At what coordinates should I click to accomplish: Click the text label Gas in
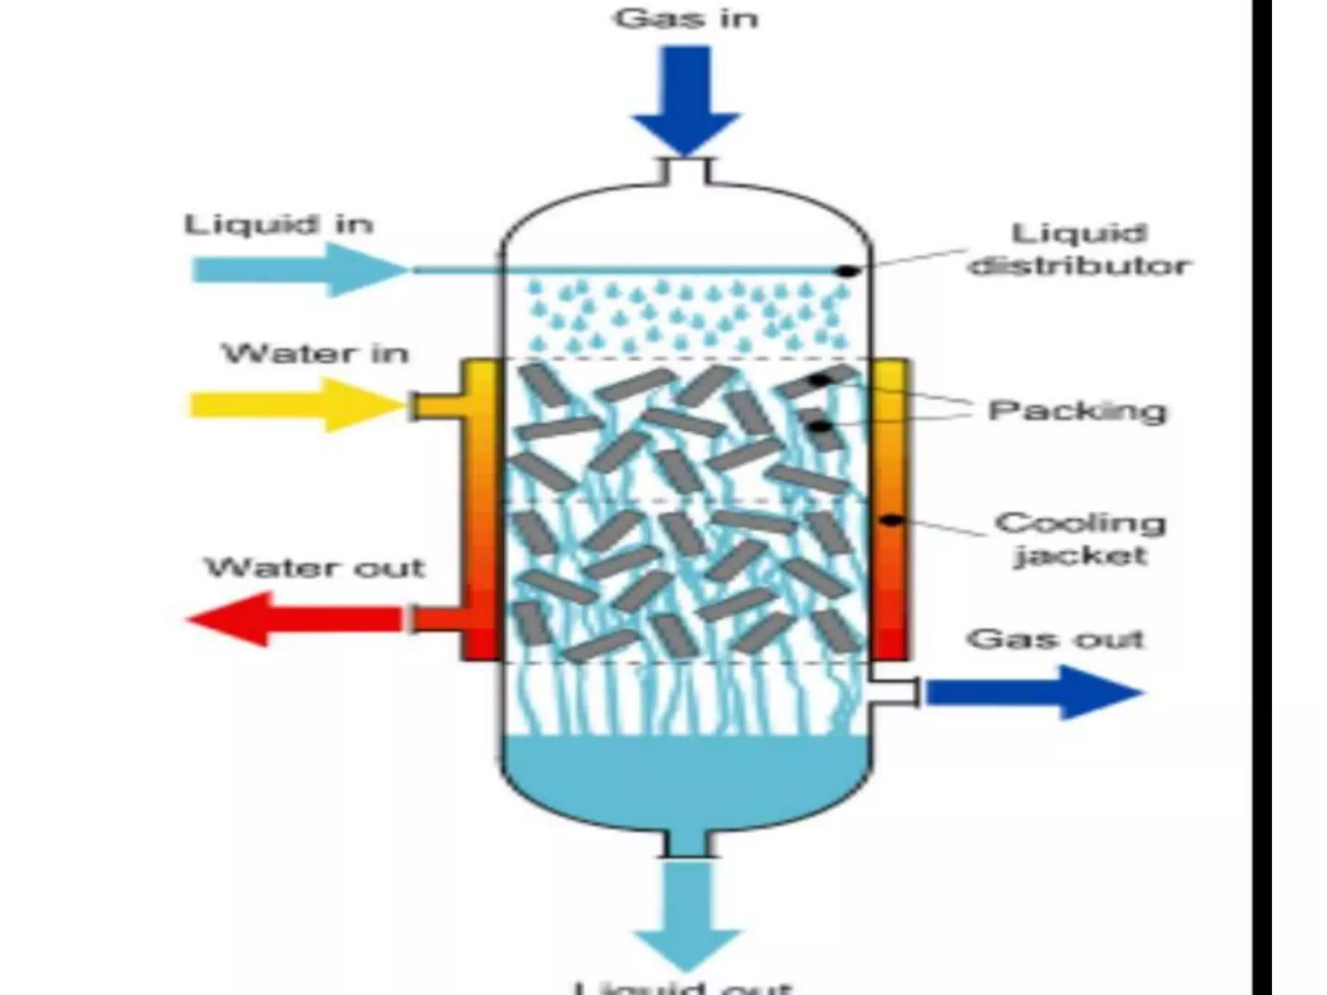686,19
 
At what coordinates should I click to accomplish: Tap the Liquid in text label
279,225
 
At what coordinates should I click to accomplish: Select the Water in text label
316,354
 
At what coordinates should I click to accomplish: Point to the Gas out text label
1056,639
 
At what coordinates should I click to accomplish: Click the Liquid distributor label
1079,249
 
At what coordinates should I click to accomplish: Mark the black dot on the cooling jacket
892,520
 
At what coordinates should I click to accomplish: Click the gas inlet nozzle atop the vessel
686,171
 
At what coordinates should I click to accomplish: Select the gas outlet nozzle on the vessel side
894,692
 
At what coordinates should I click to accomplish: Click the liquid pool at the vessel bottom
686,777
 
